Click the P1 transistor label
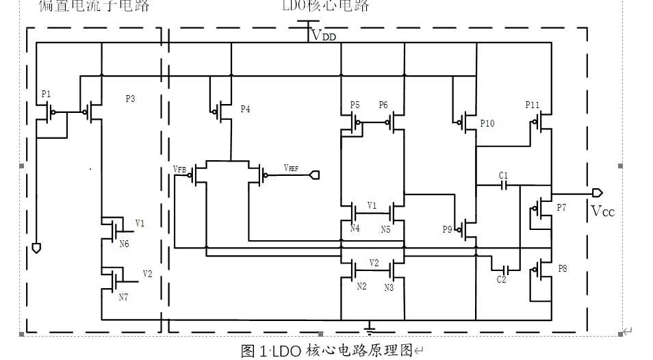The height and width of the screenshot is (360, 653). point(46,94)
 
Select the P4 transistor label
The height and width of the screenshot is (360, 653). point(245,109)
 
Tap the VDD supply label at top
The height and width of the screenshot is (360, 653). point(324,36)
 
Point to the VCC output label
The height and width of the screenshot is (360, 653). point(602,211)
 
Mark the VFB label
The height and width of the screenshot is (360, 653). point(180,168)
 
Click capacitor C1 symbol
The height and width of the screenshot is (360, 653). point(503,187)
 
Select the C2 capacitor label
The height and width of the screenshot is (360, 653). point(502,279)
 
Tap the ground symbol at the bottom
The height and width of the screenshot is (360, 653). point(370,330)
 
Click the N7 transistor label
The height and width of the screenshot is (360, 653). point(123,297)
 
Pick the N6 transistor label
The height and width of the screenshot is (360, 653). point(123,244)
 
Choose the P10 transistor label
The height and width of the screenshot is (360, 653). point(487,123)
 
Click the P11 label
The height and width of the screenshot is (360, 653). point(533,105)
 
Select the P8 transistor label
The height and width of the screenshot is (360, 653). point(562,269)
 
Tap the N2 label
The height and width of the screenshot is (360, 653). point(361,286)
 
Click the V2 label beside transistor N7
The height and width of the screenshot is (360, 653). point(147,274)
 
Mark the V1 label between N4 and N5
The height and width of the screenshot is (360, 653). point(372,205)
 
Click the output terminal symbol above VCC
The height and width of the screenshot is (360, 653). point(598,192)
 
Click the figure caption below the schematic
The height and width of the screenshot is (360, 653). point(326,351)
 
